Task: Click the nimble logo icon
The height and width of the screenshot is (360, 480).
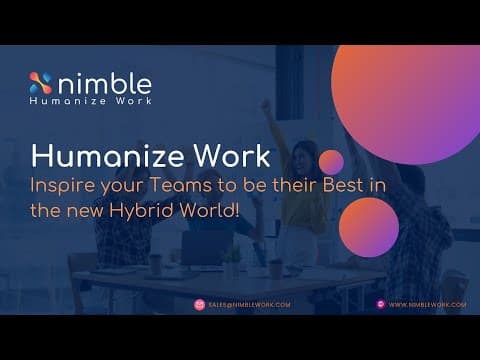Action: tap(41, 83)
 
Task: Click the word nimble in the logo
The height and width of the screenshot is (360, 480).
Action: tap(105, 83)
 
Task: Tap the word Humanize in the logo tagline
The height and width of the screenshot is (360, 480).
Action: tap(68, 100)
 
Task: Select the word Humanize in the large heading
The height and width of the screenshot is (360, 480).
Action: tap(107, 156)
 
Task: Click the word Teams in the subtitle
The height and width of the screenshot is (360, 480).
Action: tap(180, 185)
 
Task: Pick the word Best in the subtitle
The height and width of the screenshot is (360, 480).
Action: tap(343, 185)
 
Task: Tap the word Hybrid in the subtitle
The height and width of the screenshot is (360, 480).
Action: tap(141, 212)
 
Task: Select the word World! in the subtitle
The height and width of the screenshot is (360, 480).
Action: tap(209, 211)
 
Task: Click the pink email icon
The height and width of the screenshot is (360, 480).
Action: tap(199, 305)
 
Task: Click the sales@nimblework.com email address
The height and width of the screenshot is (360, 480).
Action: tap(249, 305)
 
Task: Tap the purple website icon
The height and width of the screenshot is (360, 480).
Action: tap(381, 304)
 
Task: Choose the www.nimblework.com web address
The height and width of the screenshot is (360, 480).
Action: tap(427, 305)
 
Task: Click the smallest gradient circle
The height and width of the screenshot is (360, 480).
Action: tap(331, 162)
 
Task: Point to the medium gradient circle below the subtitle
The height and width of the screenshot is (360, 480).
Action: tap(369, 227)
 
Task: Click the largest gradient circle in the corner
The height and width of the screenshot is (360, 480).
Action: tap(405, 105)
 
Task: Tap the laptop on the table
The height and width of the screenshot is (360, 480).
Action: tap(207, 247)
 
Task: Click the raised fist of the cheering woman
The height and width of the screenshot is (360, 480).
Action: tap(266, 104)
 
